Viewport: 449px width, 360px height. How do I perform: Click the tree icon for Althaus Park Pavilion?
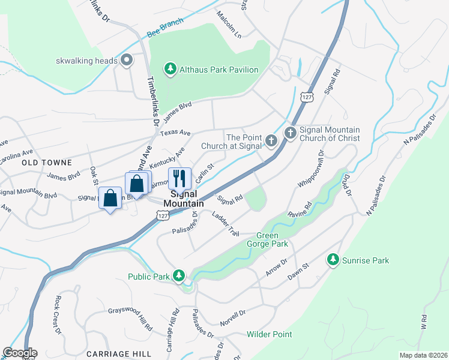[171, 70]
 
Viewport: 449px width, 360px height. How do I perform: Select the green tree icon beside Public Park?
[178, 277]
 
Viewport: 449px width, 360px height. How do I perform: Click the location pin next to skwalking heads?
[127, 61]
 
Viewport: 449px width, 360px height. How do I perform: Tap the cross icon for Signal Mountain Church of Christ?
[291, 133]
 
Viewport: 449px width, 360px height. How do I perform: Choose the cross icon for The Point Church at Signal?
[271, 142]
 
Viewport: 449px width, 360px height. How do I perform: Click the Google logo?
[19, 353]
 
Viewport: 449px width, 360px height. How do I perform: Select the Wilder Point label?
[270, 334]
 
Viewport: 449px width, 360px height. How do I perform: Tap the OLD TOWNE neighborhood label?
[47, 163]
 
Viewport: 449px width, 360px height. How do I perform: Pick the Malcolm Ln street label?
[229, 25]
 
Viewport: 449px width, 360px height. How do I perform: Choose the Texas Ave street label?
[175, 133]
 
